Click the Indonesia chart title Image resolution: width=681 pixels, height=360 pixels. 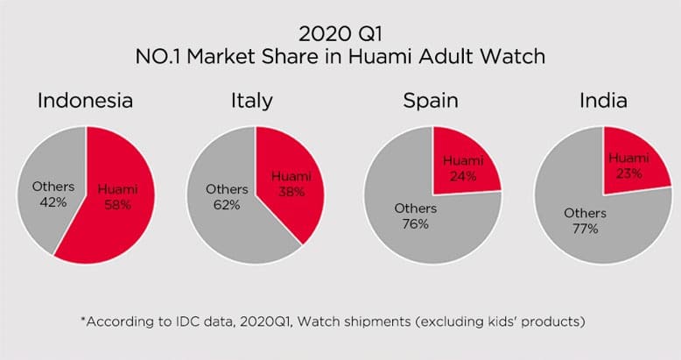85,101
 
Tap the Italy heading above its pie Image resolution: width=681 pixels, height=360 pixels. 251,101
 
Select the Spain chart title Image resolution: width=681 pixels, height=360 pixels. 430,101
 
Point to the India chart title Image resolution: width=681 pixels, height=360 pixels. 603,101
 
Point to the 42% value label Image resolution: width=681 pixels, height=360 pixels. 47,202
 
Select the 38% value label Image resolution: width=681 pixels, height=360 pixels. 285,191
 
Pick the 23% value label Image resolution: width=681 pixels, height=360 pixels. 628,173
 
